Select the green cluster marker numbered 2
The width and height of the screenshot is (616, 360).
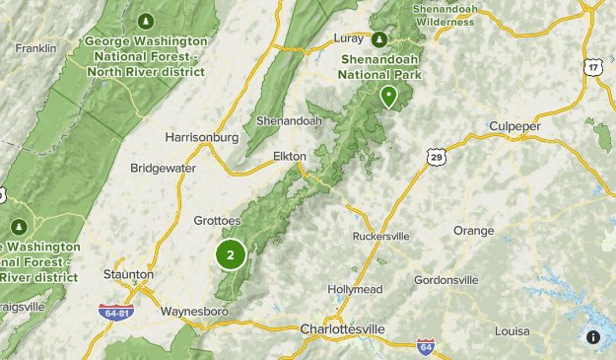pyautogui.click(x=231, y=255)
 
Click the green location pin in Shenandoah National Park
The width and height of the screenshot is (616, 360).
pyautogui.click(x=389, y=96)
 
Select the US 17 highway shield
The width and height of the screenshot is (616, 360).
pyautogui.click(x=591, y=67)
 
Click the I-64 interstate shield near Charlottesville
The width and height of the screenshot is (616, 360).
pyautogui.click(x=425, y=347)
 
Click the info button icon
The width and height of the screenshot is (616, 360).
pyautogui.click(x=593, y=337)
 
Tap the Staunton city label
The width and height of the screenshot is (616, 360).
pyautogui.click(x=128, y=274)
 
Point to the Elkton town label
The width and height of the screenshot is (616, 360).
pyautogui.click(x=290, y=156)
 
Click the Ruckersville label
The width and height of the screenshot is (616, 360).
pyautogui.click(x=380, y=237)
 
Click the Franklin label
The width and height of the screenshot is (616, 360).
pyautogui.click(x=35, y=47)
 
